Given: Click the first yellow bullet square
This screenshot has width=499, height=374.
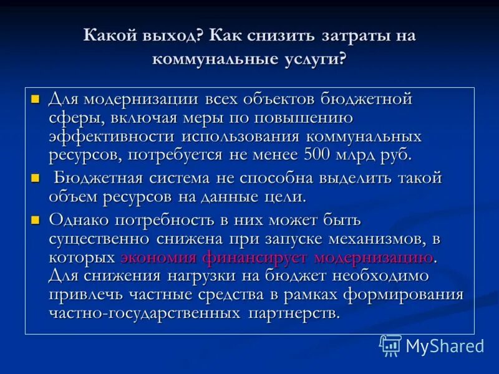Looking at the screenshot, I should (x=36, y=99).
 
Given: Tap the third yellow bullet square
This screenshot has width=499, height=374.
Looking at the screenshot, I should (x=36, y=219).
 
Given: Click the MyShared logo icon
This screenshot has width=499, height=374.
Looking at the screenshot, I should (x=390, y=345).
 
